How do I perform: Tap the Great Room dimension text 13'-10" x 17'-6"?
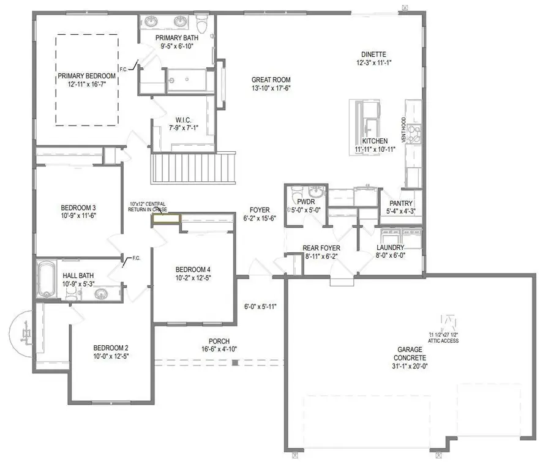[x=271, y=88]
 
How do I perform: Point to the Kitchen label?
[x=374, y=141]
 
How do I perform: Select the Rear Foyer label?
[x=321, y=248]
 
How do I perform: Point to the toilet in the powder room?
[x=295, y=190]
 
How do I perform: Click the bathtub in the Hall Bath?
[x=47, y=280]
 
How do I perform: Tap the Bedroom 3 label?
[x=78, y=207]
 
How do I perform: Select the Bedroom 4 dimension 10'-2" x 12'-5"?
[x=193, y=279]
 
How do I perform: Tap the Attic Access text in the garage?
[x=444, y=340]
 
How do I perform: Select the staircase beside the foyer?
[x=193, y=167]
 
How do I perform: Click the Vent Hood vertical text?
[x=403, y=129]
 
